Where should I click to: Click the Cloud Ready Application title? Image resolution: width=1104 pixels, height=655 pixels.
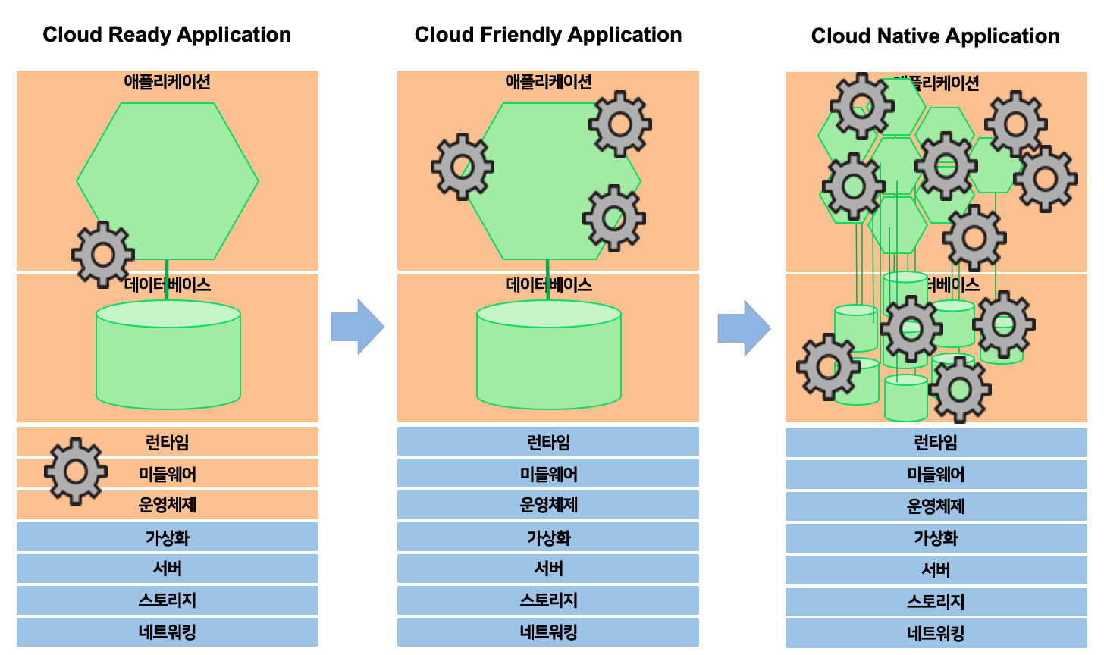coord(167,35)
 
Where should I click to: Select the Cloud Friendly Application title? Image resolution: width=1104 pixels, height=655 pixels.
coord(547,35)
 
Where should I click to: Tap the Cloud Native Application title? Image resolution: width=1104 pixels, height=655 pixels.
coord(935,36)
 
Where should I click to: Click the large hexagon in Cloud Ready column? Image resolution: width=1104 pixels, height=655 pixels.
coord(168,174)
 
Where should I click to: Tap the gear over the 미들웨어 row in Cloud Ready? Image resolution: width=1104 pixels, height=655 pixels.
coord(75,472)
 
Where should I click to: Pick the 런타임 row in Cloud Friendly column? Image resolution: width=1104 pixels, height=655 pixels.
coord(547,442)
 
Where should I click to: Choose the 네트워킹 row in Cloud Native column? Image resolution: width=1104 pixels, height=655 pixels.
coord(936,633)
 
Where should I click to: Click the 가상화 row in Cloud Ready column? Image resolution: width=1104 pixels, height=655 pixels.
coord(168,537)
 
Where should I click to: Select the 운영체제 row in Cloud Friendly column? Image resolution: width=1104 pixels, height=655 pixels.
coord(547,505)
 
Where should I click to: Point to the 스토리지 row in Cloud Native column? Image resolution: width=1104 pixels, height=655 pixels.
coord(936,602)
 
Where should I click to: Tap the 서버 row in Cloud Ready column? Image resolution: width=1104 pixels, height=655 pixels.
coord(168,569)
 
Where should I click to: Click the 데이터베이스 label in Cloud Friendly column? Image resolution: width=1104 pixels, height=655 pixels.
coord(547,285)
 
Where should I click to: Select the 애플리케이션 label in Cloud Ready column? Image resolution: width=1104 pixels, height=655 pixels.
coord(168,82)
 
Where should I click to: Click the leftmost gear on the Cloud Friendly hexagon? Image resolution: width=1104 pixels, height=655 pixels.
coord(463,166)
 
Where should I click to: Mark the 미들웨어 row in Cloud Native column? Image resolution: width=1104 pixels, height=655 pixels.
coord(936,475)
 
